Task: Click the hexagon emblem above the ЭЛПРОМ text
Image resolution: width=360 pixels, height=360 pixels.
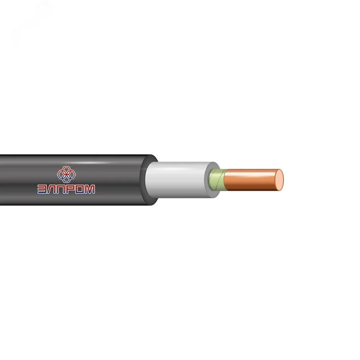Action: point(66,174)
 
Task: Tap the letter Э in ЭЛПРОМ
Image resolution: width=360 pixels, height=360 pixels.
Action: point(42,189)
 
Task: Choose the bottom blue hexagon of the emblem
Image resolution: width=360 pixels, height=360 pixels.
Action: point(66,179)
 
